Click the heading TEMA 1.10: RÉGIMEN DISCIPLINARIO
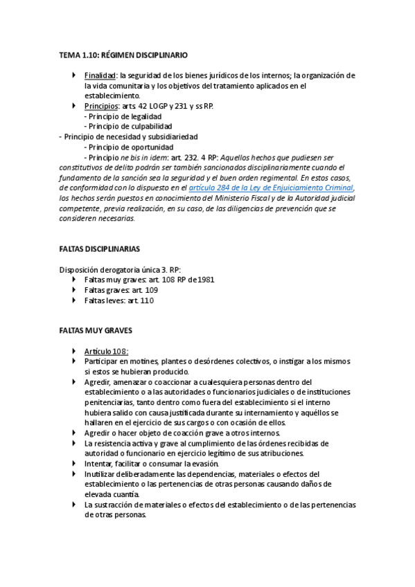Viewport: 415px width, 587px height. pyautogui.click(x=123, y=54)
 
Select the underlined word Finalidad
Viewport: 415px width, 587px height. pyautogui.click(x=100, y=75)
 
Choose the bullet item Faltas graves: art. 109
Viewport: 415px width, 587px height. pyautogui.click(x=121, y=290)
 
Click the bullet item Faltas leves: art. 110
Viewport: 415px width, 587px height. pyautogui.click(x=118, y=300)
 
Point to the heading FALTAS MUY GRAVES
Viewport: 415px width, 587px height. pyautogui.click(x=95, y=331)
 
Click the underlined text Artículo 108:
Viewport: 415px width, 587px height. pyautogui.click(x=106, y=352)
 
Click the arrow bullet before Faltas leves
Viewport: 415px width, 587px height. pyautogui.click(x=74, y=300)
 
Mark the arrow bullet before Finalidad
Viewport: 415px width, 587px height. pyautogui.click(x=74, y=75)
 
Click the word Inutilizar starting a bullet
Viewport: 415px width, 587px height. pyautogui.click(x=101, y=473)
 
